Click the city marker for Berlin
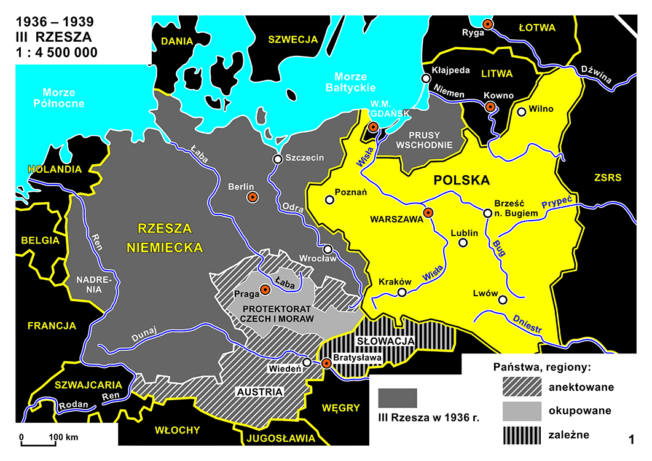pyautogui.click(x=252, y=197)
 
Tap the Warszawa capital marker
pyautogui.click(x=428, y=213)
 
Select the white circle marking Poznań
pyautogui.click(x=330, y=200)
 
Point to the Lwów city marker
pyautogui.click(x=503, y=300)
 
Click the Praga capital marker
pyautogui.click(x=265, y=290)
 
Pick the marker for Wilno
pyautogui.click(x=522, y=112)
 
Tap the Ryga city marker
pyautogui.click(x=487, y=24)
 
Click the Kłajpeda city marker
pyautogui.click(x=425, y=78)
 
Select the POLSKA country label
pyautogui.click(x=462, y=181)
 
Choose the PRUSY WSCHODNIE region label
pyautogui.click(x=425, y=140)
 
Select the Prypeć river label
pyautogui.click(x=557, y=203)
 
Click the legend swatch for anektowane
pyautogui.click(x=521, y=387)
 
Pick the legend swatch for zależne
pyautogui.click(x=521, y=435)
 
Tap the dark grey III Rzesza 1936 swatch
pyautogui.click(x=398, y=398)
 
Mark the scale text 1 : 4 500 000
pyautogui.click(x=56, y=53)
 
